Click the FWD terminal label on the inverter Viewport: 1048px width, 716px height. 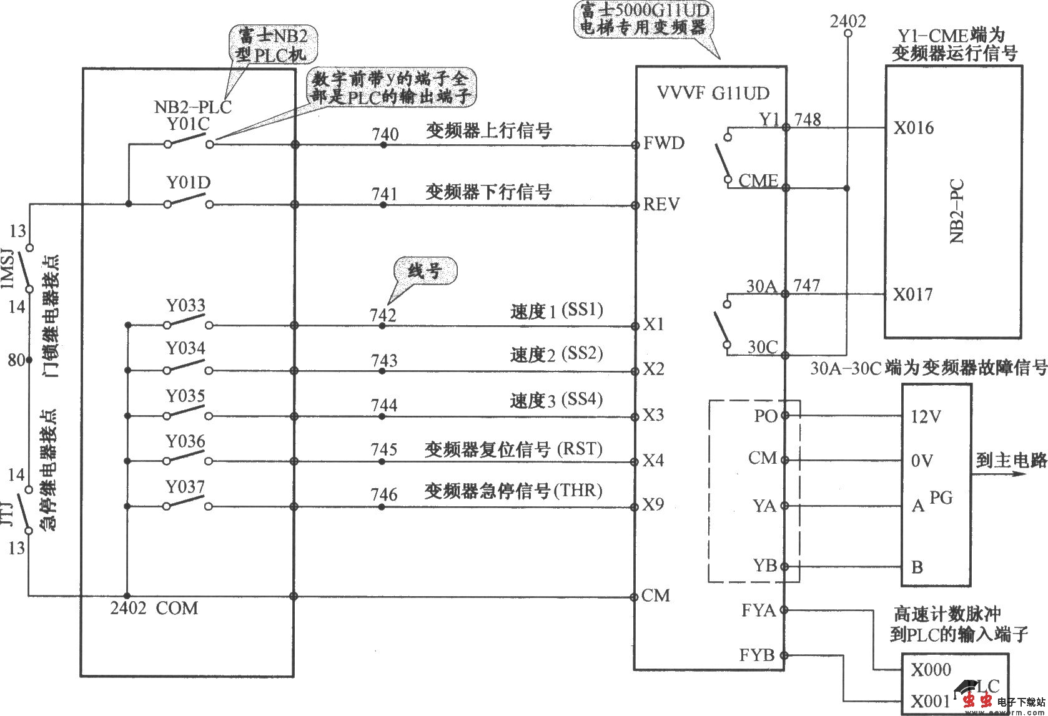pos(664,143)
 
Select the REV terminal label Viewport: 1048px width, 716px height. pos(662,204)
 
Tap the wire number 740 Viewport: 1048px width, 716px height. pos(385,134)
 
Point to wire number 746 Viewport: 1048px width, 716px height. pos(383,494)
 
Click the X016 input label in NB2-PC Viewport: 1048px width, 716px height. pos(913,128)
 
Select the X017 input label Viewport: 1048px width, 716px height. pos(912,294)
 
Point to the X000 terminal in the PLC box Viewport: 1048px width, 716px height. pos(931,670)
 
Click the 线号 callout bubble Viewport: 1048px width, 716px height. pos(425,271)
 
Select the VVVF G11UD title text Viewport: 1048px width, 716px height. pos(713,94)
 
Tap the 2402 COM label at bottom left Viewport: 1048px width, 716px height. pos(154,607)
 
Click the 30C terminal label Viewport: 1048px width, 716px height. pos(762,346)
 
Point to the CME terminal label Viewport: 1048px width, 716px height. pos(758,181)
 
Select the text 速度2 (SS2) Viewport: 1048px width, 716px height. pos(556,354)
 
